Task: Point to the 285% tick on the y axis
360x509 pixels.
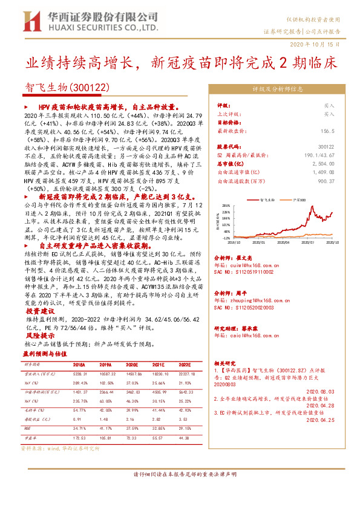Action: pos(226,206)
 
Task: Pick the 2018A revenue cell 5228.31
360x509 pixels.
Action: pos(79,375)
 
